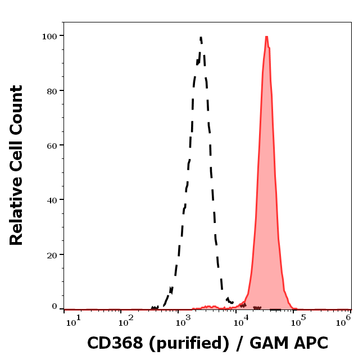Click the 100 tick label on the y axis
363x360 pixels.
(x=49, y=36)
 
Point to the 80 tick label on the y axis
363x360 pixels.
(x=52, y=90)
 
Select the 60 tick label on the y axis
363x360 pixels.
(x=52, y=145)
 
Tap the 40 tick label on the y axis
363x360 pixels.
(x=52, y=200)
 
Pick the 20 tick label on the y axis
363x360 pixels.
(x=52, y=254)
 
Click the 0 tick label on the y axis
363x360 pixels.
(x=55, y=307)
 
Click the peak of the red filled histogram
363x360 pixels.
(x=266, y=37)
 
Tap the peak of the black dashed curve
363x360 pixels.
(x=201, y=38)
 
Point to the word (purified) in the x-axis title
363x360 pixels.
(x=183, y=343)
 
